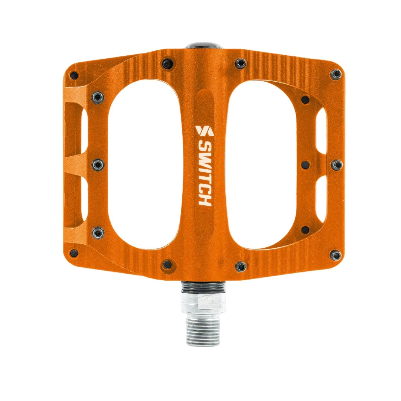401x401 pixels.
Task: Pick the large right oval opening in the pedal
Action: pos(264,164)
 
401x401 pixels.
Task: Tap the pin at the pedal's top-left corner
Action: pos(74,75)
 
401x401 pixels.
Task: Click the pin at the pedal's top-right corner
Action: pos(336,74)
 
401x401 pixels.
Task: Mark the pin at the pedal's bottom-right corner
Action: pos(336,255)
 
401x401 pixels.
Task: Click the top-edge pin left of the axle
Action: pos(167,63)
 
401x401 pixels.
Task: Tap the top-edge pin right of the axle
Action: pos(241,63)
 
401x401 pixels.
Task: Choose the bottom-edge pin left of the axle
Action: pos(167,265)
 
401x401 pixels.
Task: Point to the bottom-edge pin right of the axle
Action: pos(241,265)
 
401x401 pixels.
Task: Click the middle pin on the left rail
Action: pos(98,164)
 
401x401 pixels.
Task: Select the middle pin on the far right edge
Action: pos(336,164)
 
